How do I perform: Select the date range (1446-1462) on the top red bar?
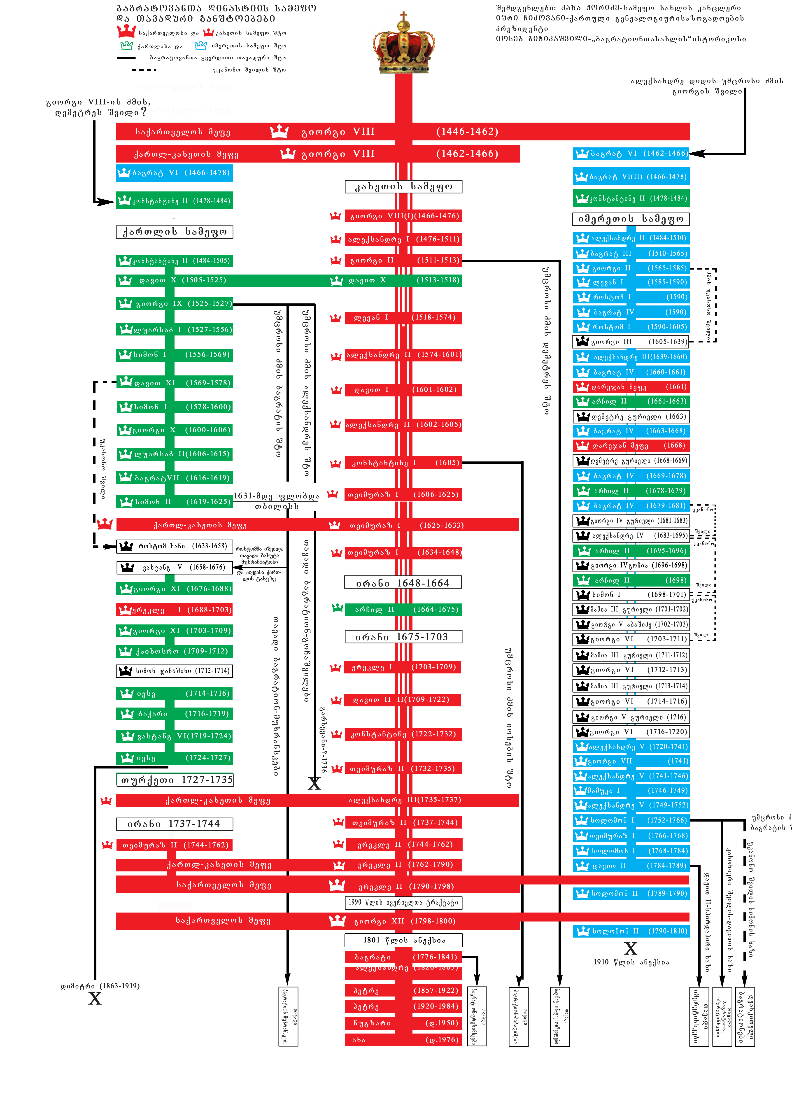(467, 132)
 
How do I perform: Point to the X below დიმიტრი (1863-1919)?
(95, 999)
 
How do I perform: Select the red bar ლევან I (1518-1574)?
(403, 318)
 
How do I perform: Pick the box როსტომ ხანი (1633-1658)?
(175, 546)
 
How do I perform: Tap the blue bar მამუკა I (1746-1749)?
(631, 790)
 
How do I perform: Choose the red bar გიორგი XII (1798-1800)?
(403, 921)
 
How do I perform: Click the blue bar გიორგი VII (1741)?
(631, 761)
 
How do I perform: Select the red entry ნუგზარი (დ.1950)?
(403, 1023)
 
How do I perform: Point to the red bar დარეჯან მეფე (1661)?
(631, 387)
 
